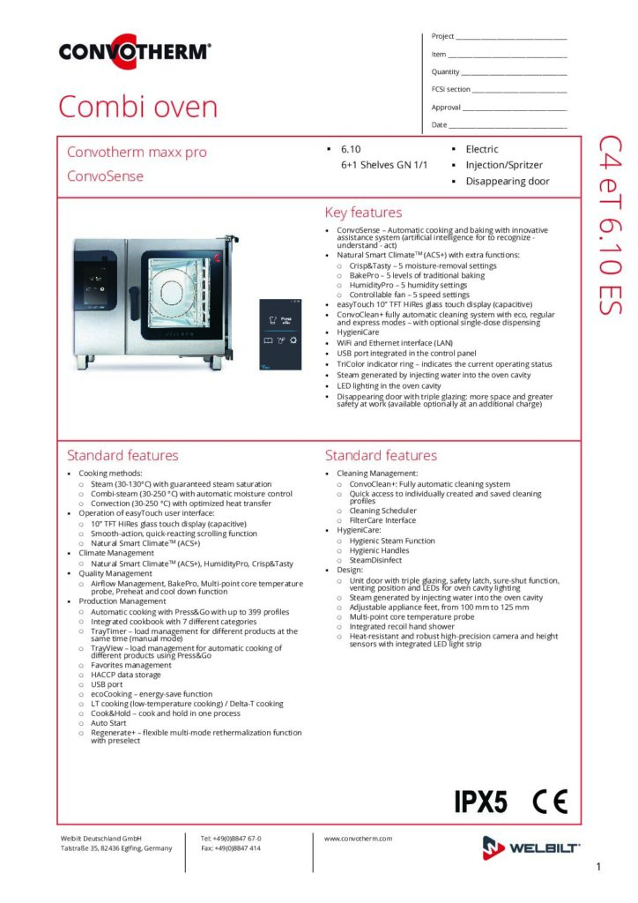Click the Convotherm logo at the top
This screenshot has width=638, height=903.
point(135,51)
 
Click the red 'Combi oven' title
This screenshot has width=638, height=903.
point(138,107)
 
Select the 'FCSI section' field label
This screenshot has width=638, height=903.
point(450,89)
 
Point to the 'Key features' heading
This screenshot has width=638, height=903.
point(364,213)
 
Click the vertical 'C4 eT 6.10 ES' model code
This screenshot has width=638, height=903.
point(611,225)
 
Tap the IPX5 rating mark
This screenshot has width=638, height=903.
point(481,801)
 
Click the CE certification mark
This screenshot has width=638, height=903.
point(550,801)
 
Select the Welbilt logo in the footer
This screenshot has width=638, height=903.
point(530,847)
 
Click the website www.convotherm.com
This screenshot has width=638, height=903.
point(358,839)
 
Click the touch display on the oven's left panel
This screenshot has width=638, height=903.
point(95,285)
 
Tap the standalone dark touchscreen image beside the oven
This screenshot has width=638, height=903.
point(280,334)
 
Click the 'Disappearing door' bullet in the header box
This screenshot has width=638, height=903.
point(508,182)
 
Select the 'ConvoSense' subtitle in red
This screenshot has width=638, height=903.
point(105,176)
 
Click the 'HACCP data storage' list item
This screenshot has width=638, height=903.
point(125,675)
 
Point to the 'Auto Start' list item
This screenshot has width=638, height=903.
point(108,723)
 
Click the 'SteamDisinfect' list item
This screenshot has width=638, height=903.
point(375,560)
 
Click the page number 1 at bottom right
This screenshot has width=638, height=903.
point(599,866)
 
